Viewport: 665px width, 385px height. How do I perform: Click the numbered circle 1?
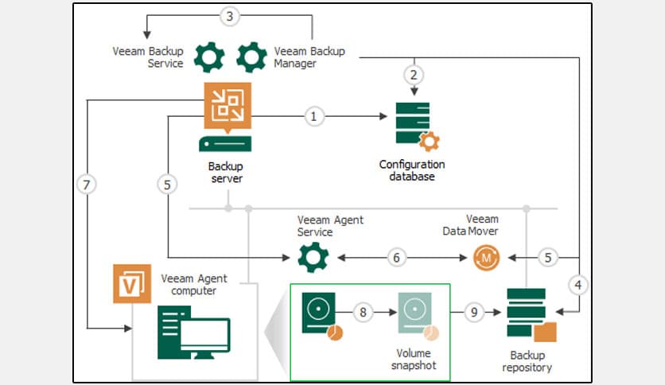coord(313,116)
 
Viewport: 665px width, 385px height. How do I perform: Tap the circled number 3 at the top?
coord(230,16)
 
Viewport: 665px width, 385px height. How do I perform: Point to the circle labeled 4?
coord(578,284)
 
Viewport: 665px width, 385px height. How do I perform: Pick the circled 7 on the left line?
coord(88,185)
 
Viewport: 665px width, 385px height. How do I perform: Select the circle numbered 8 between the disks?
coord(364,313)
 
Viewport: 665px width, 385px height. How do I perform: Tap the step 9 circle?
coord(474,313)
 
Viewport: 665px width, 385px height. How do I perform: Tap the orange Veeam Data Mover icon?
coord(486,258)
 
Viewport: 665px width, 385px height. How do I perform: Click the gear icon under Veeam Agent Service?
coord(313,258)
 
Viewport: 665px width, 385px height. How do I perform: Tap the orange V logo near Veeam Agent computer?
coord(132,284)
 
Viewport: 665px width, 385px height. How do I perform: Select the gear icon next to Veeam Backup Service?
coord(209,56)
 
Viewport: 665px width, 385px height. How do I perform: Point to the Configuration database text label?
coord(411,170)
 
